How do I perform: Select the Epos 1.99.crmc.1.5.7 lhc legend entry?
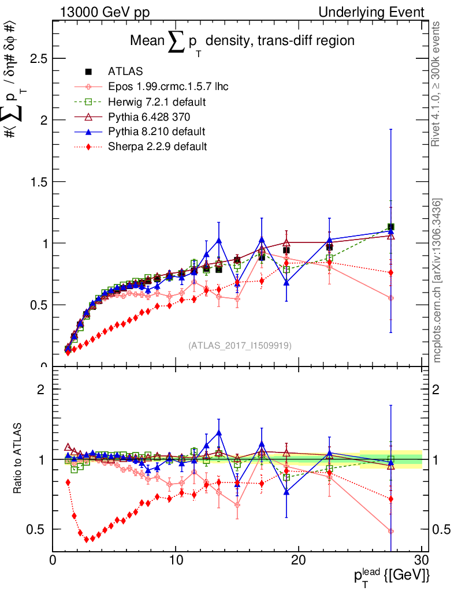click(x=168, y=87)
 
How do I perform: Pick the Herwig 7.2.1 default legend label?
click(x=157, y=102)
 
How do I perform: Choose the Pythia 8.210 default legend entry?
click(x=157, y=132)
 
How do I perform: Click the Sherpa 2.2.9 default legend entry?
click(x=157, y=147)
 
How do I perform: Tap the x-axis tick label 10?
click(x=176, y=560)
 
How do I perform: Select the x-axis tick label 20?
click(x=298, y=560)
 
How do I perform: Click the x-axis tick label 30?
click(x=421, y=560)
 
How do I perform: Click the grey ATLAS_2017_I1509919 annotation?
click(x=240, y=346)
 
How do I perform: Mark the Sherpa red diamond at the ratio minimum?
click(x=87, y=539)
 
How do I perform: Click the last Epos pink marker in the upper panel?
click(x=391, y=298)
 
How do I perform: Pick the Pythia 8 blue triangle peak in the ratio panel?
click(x=218, y=432)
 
